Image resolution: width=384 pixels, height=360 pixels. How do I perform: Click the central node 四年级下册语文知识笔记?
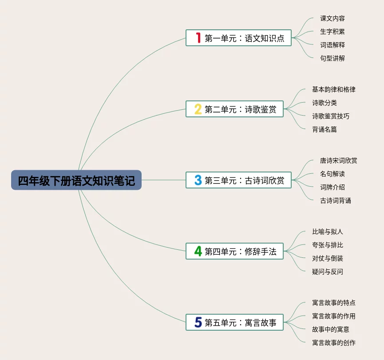click(x=76, y=180)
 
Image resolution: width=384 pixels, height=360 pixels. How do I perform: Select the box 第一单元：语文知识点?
click(x=239, y=38)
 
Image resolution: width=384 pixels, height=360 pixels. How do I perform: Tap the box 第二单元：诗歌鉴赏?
click(x=235, y=109)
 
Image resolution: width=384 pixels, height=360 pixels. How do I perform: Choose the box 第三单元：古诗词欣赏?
click(x=239, y=180)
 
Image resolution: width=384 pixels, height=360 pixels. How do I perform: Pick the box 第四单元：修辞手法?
click(x=235, y=251)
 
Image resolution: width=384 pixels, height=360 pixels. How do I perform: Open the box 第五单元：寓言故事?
click(x=235, y=322)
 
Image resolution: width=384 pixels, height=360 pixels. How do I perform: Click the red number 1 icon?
click(x=198, y=38)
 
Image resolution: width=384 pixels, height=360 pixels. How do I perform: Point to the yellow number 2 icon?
click(x=198, y=109)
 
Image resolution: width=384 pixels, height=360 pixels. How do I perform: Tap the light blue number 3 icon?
click(x=198, y=180)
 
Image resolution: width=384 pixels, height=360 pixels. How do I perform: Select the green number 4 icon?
click(x=198, y=251)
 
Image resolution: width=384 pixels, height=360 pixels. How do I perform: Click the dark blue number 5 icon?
click(x=198, y=322)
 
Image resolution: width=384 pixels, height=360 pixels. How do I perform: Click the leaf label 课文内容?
click(x=333, y=18)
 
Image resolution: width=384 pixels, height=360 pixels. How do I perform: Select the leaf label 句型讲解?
click(x=333, y=58)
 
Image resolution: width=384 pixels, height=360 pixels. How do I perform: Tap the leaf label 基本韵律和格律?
click(x=334, y=89)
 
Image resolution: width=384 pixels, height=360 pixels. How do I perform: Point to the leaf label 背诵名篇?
click(x=325, y=129)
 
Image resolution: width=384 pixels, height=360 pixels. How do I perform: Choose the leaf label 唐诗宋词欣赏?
click(x=339, y=160)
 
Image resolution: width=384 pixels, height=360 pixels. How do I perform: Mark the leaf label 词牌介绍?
click(x=333, y=187)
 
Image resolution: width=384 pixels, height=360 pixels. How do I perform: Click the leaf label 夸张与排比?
click(x=328, y=245)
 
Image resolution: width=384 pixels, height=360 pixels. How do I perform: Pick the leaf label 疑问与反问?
click(x=328, y=272)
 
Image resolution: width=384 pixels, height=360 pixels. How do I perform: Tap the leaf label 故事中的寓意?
click(x=331, y=329)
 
